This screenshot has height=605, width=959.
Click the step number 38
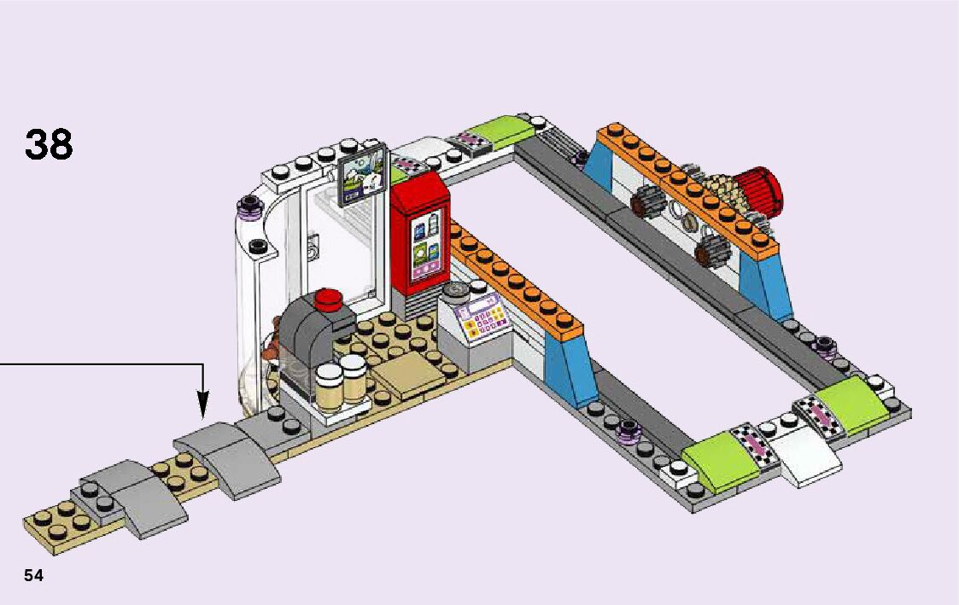tap(49, 146)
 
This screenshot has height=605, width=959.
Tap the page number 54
tap(33, 575)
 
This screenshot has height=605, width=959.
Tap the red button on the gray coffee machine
tap(328, 300)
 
